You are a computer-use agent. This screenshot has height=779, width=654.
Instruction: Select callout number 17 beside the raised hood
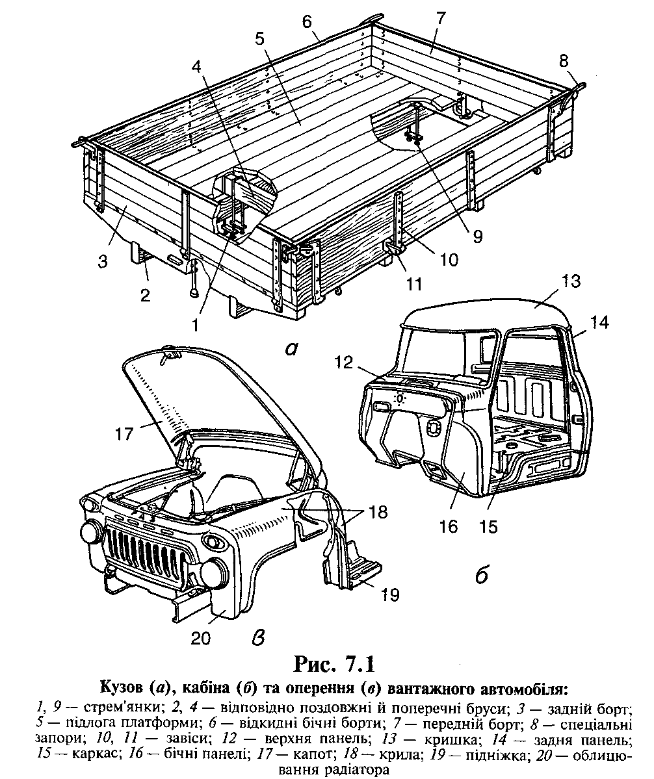(125, 433)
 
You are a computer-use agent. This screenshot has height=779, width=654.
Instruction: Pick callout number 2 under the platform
(145, 295)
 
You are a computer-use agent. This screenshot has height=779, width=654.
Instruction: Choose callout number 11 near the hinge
(413, 284)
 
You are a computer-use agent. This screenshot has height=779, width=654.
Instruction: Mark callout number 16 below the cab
(449, 526)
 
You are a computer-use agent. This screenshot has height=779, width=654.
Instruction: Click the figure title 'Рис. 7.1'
(334, 663)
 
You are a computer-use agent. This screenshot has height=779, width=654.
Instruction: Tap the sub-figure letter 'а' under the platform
(291, 350)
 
